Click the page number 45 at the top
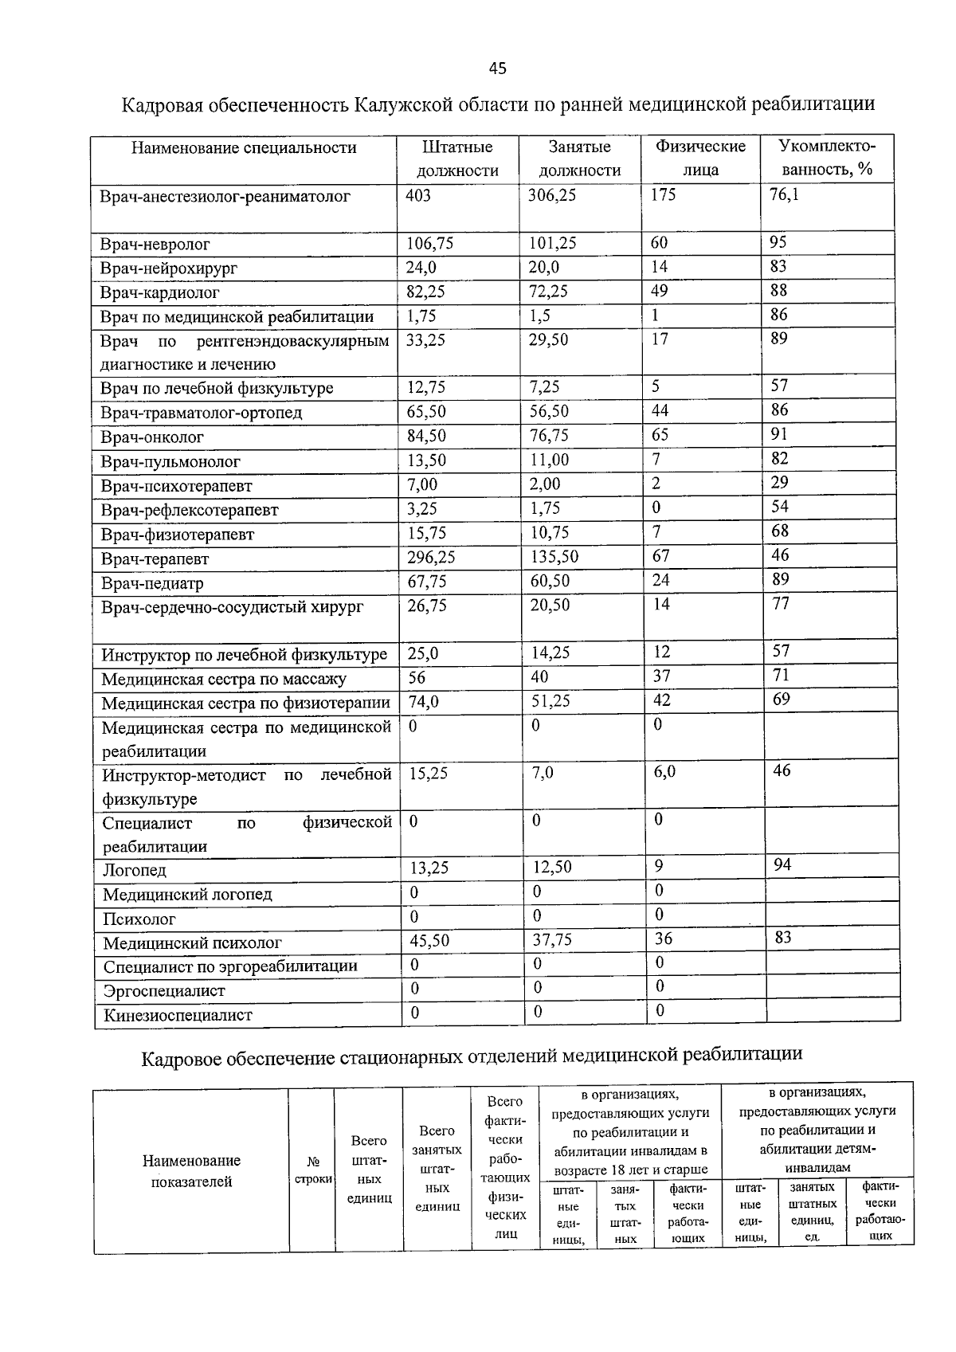(497, 69)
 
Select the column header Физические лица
(700, 158)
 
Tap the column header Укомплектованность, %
(827, 158)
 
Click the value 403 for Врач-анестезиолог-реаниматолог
(418, 195)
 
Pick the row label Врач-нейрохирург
(169, 268)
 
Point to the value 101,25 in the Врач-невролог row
(552, 243)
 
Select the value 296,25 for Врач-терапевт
(431, 557)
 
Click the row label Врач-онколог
(152, 437)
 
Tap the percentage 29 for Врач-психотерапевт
(779, 482)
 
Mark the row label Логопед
(135, 871)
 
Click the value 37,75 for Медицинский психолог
(552, 940)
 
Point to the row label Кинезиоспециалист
(178, 1016)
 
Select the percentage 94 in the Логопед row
(782, 864)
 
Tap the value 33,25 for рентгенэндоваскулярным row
(426, 340)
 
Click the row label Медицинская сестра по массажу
(224, 680)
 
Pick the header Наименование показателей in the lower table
(191, 1171)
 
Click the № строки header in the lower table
(313, 1170)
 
